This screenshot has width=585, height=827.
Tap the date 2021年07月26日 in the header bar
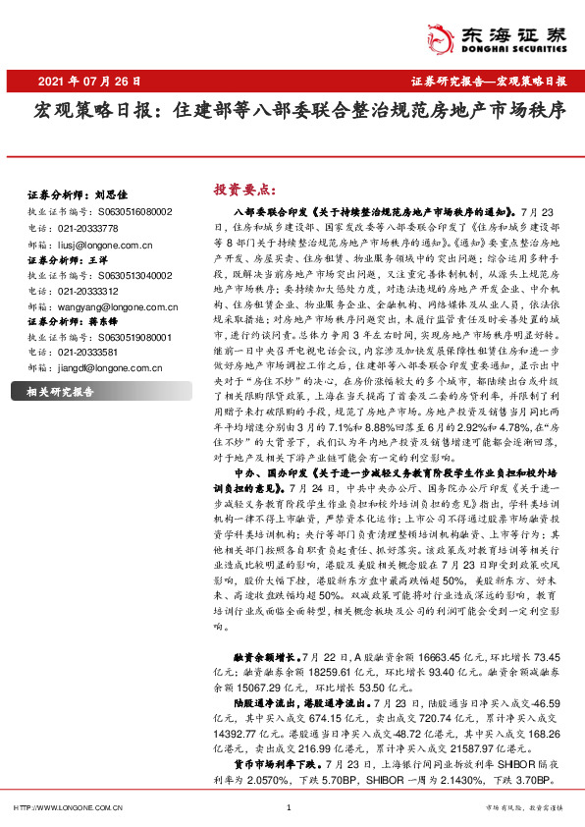(89, 81)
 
